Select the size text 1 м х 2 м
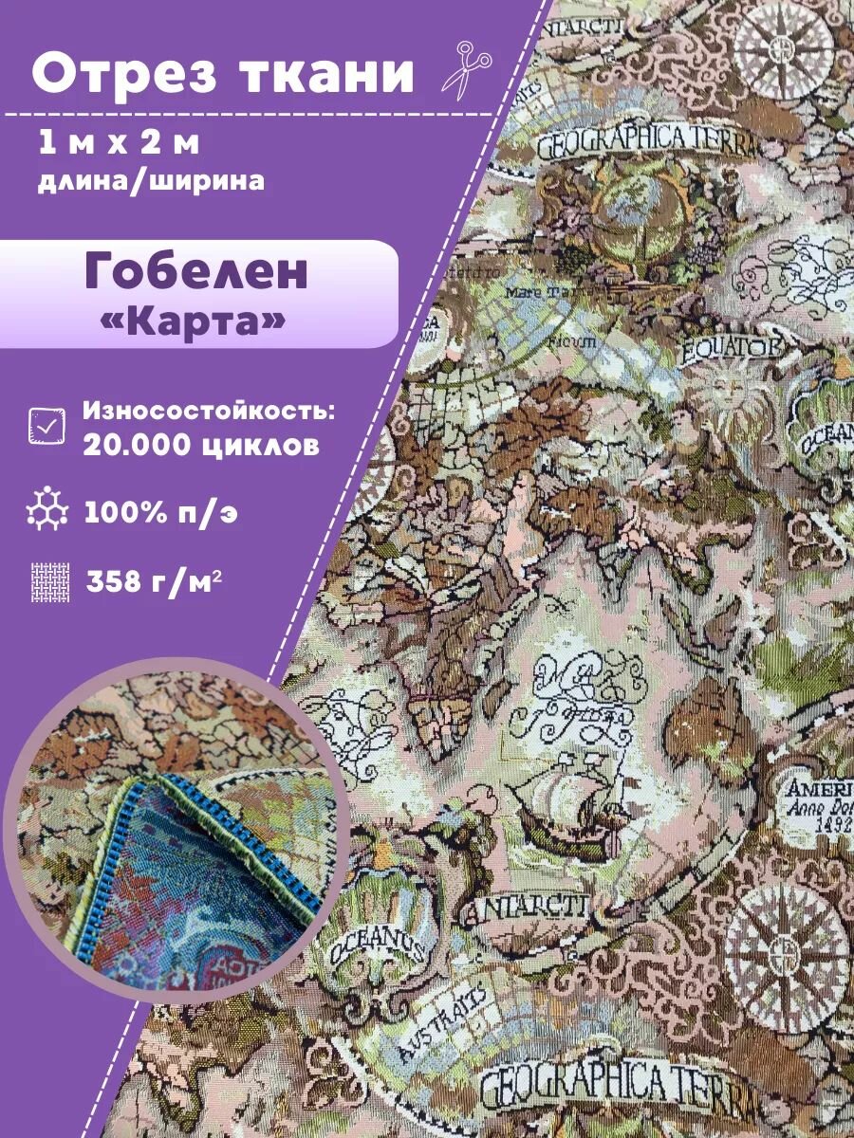click(x=120, y=144)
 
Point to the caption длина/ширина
click(x=152, y=180)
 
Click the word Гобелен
click(x=196, y=272)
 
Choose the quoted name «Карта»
click(x=193, y=320)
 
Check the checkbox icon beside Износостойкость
click(x=47, y=426)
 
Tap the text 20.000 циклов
click(x=201, y=446)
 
